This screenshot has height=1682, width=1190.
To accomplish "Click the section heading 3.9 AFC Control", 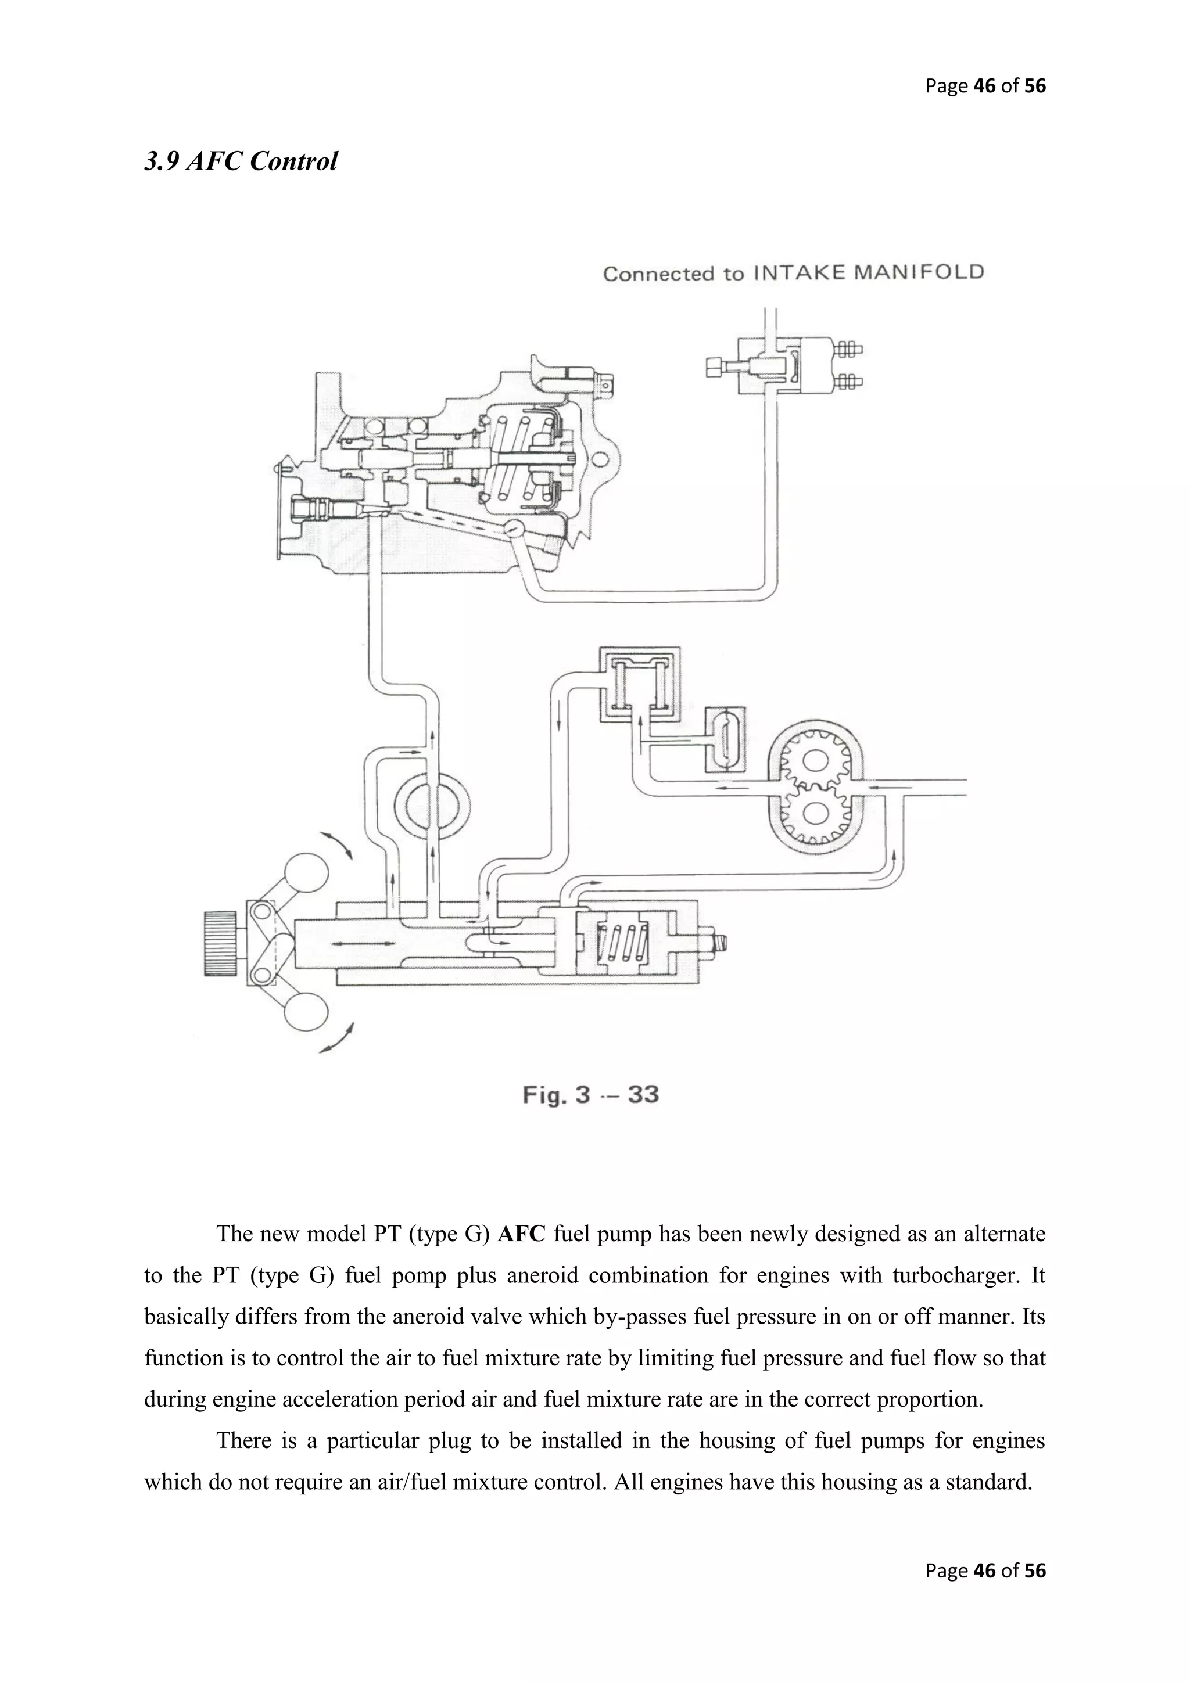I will (241, 161).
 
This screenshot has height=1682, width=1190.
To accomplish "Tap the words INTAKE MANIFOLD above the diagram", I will (868, 272).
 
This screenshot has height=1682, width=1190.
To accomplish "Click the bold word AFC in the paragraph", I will (521, 1234).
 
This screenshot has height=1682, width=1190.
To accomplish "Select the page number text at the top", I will (985, 86).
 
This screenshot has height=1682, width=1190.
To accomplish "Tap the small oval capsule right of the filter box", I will (725, 740).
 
